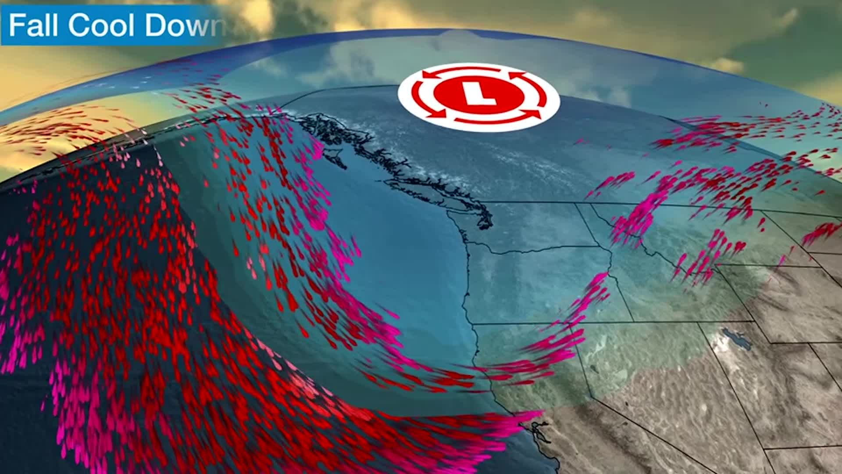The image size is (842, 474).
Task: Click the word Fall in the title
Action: coord(33,25)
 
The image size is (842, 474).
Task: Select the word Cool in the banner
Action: coord(101,25)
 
